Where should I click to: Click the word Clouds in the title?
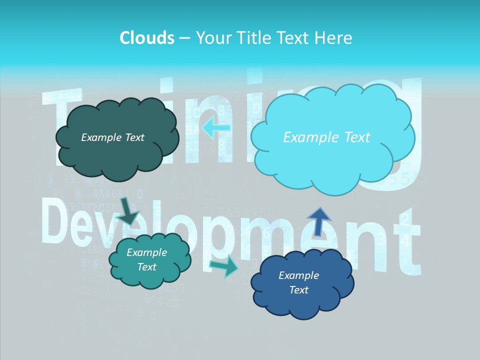[147, 38]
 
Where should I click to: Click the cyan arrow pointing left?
[216, 128]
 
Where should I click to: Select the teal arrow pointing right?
[224, 266]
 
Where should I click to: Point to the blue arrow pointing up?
[318, 221]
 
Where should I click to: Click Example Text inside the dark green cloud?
[112, 137]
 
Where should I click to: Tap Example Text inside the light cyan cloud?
[326, 137]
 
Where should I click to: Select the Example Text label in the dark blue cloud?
[298, 282]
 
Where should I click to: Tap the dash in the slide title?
[184, 38]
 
